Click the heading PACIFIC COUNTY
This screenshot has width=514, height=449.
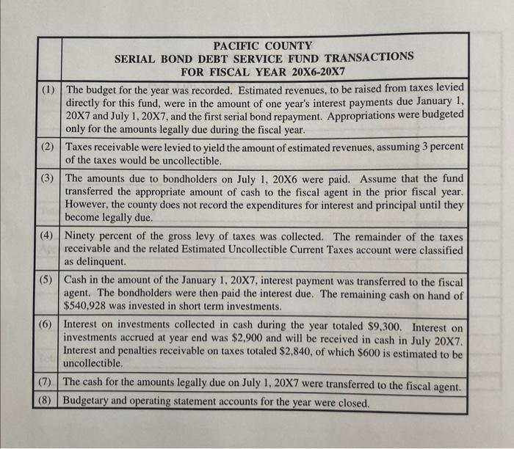pyautogui.click(x=263, y=45)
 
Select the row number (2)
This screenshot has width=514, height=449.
pyautogui.click(x=48, y=147)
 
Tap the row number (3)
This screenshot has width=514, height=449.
pyautogui.click(x=48, y=178)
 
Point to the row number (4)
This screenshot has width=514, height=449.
pyautogui.click(x=48, y=236)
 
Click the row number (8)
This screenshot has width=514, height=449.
pyautogui.click(x=47, y=401)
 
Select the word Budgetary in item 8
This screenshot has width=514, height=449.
pyautogui.click(x=90, y=402)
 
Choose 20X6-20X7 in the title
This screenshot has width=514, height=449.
pyautogui.click(x=311, y=72)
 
